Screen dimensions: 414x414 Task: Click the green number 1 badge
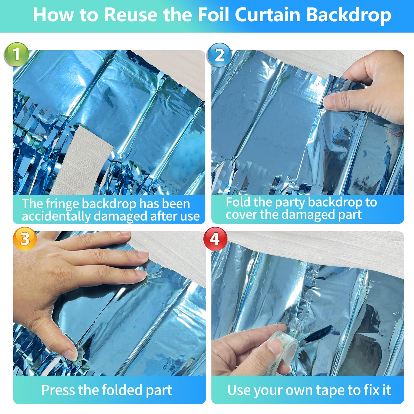[17, 54]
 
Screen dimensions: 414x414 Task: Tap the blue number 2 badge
[219, 55]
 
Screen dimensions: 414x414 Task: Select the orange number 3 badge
[25, 238]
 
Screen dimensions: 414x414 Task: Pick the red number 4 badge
[215, 239]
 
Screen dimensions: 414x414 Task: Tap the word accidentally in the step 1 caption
[56, 216]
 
